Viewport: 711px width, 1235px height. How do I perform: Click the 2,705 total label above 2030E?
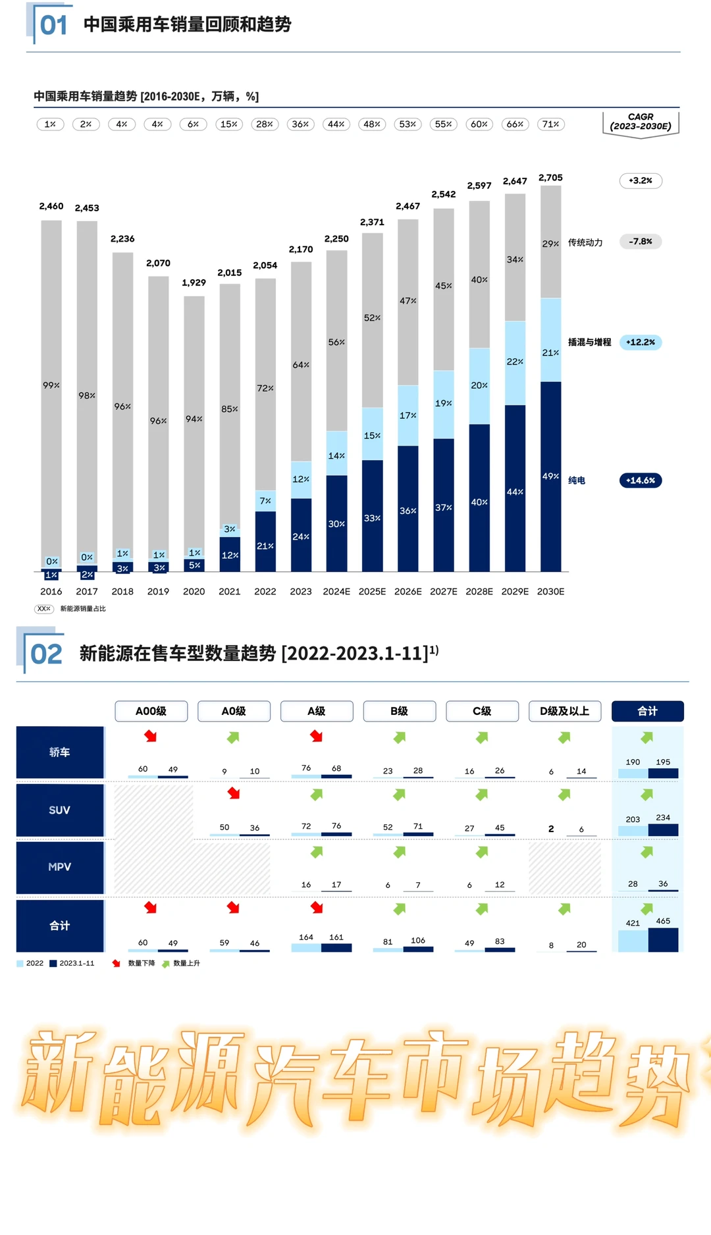[550, 178]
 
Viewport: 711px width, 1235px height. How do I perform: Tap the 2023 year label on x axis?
[301, 591]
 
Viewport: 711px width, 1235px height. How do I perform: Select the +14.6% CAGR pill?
[641, 480]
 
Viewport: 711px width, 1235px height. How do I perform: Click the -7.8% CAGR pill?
[641, 242]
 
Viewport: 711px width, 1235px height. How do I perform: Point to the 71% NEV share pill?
[550, 124]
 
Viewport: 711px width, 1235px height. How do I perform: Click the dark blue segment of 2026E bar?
[408, 508]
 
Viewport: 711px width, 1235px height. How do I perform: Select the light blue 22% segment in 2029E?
[515, 363]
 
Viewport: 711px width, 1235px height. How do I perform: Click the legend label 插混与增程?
[589, 342]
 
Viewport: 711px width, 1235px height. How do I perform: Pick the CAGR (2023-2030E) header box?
[641, 122]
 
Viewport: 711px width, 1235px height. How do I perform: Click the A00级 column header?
[151, 711]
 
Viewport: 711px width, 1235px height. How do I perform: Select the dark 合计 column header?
[647, 711]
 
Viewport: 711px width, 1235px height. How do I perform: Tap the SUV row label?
[59, 810]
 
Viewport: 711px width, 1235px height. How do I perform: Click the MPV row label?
[59, 867]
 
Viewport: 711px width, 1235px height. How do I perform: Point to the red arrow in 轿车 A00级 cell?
[151, 736]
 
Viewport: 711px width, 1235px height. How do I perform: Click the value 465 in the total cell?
[663, 921]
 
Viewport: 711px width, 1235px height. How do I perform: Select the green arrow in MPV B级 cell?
[400, 853]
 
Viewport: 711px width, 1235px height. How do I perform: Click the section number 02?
[46, 654]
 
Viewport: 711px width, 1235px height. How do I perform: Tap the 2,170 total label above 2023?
[301, 250]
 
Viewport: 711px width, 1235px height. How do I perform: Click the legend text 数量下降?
[142, 963]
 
